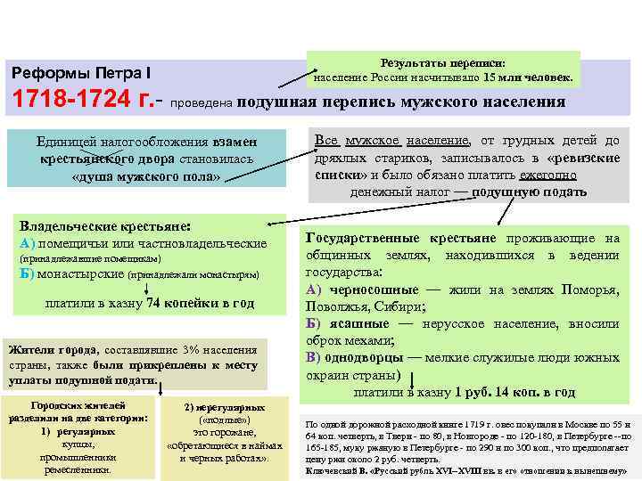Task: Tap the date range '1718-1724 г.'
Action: coord(78,101)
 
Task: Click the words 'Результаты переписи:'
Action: coord(442,63)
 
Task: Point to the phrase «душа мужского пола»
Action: coord(145,175)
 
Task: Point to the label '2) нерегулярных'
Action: coord(218,406)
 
